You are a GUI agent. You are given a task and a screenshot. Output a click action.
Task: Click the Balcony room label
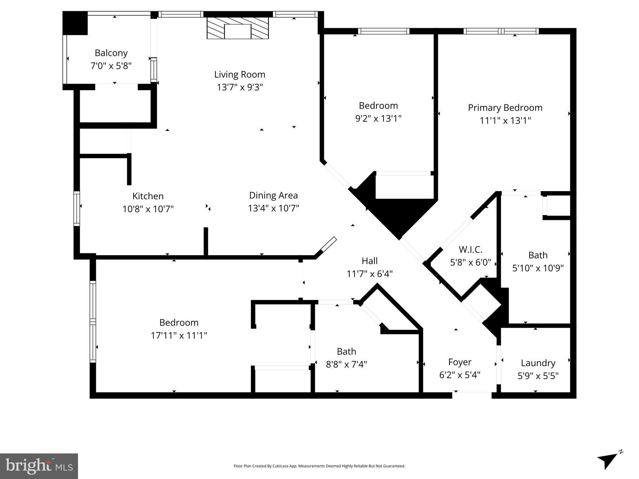(111, 53)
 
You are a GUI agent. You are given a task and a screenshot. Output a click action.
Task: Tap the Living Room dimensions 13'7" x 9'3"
(240, 87)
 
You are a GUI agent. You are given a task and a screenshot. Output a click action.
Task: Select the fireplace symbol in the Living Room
(237, 28)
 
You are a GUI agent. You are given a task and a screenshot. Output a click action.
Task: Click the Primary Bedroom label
(505, 108)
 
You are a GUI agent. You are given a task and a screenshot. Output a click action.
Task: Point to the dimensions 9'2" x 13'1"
(378, 119)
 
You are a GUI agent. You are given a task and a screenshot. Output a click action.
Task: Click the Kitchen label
(148, 196)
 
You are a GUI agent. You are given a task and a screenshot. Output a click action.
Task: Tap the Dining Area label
(273, 196)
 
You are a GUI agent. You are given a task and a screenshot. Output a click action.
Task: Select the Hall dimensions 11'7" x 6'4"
(369, 274)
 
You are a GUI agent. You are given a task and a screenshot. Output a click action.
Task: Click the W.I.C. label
(470, 250)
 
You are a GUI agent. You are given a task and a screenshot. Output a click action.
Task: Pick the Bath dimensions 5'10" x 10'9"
(538, 268)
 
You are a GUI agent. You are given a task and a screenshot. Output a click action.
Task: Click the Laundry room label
(538, 363)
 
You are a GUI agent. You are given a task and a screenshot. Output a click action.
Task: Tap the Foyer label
(460, 362)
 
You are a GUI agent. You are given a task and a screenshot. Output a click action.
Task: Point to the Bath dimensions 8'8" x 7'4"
(346, 364)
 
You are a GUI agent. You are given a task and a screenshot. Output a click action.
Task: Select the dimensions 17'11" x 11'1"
(179, 336)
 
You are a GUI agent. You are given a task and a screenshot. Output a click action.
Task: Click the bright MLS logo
(39, 466)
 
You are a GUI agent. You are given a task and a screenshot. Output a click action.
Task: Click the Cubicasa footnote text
(319, 466)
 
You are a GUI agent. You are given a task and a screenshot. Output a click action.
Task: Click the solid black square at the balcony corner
(75, 23)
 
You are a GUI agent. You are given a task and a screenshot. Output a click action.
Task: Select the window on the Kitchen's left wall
(76, 209)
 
